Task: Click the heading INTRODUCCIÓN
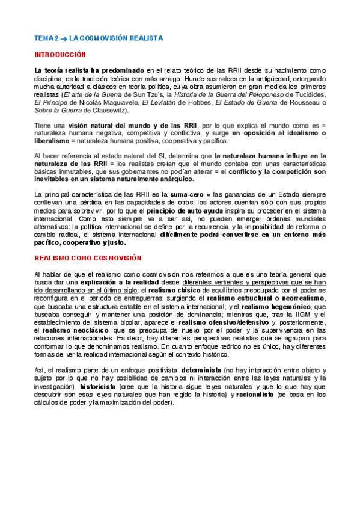coord(61,54)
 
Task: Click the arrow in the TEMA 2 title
coord(64,38)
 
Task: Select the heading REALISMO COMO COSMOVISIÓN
coord(88,257)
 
